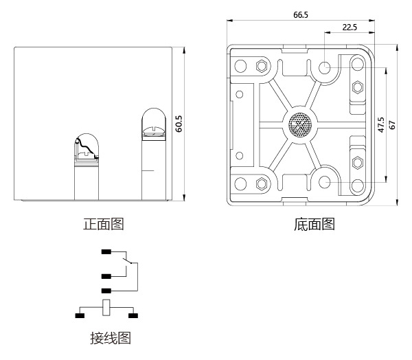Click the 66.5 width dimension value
coord(300,14)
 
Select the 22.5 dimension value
coord(350,27)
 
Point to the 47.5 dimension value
coord(381,126)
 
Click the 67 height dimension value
coord(393,125)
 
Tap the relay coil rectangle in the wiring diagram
coord(106,308)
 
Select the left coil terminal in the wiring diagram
coord(80,316)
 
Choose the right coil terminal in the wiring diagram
coord(133,316)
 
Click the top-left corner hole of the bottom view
coord(241,67)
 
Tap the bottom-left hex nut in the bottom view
coord(260,184)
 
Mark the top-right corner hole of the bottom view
coord(357,67)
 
